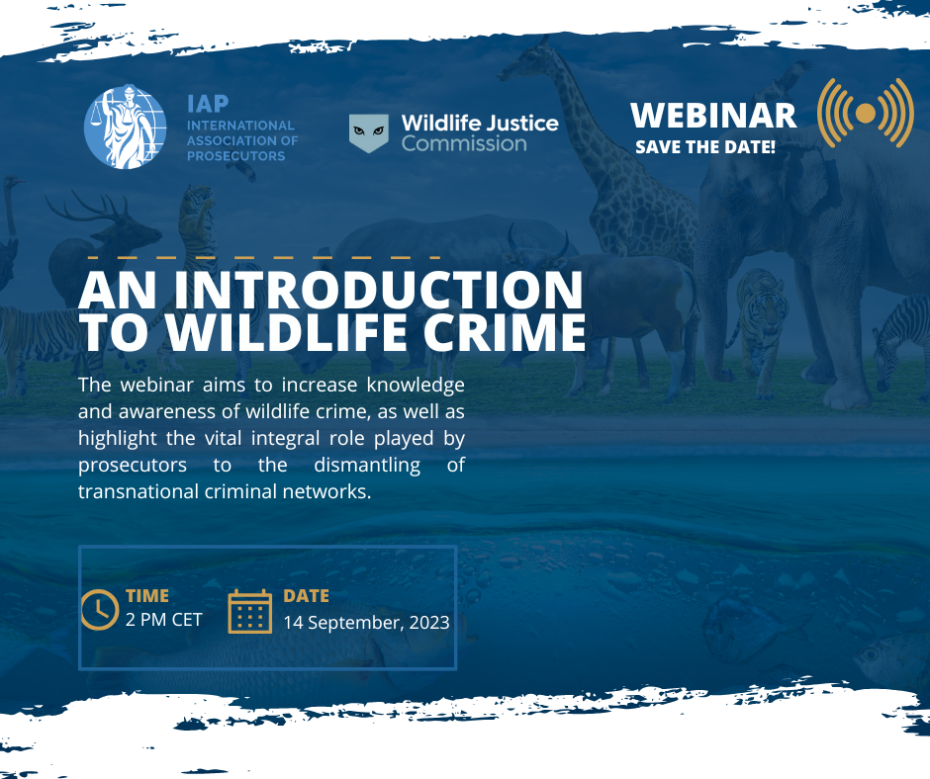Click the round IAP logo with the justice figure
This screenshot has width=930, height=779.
click(x=126, y=127)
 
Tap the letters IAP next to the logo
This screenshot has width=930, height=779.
click(x=208, y=105)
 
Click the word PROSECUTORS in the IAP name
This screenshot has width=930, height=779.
click(x=235, y=156)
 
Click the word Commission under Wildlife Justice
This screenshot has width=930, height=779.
click(x=463, y=144)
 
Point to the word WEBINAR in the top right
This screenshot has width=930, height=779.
click(x=712, y=115)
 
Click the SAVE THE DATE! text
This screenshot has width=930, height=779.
click(x=704, y=147)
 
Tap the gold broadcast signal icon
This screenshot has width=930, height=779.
click(x=865, y=115)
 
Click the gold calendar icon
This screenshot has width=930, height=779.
click(x=249, y=610)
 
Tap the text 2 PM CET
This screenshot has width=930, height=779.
click(x=164, y=621)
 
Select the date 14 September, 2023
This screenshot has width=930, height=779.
click(x=366, y=623)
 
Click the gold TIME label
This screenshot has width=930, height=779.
click(x=147, y=596)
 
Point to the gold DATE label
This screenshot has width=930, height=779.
click(x=306, y=596)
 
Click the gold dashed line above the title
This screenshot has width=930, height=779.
click(x=263, y=257)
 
